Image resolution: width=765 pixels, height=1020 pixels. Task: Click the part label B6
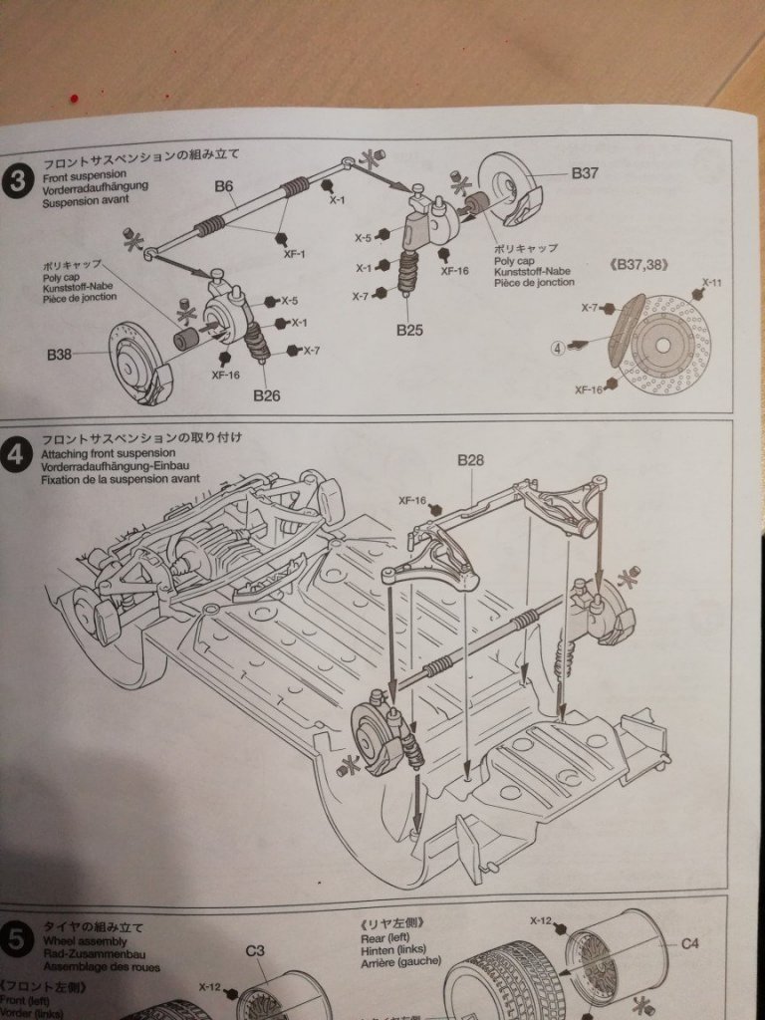click(223, 185)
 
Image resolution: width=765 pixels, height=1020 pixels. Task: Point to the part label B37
click(585, 172)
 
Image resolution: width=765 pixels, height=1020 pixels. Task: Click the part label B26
click(266, 394)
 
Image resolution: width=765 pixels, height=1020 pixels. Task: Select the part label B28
click(470, 459)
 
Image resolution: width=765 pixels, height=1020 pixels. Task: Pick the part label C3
click(255, 950)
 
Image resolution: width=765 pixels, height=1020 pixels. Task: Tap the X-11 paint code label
click(710, 283)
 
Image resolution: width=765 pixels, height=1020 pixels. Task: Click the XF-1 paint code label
click(293, 254)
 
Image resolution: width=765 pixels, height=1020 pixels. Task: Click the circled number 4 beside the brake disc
click(557, 348)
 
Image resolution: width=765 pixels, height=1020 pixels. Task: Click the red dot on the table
click(74, 97)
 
